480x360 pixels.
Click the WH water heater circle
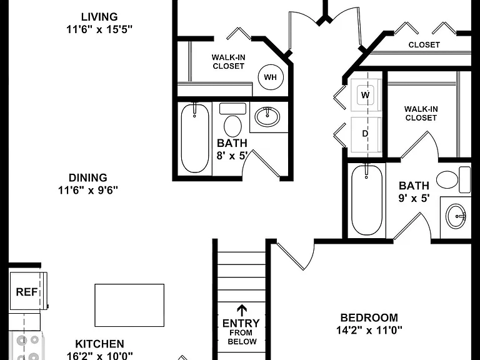271,77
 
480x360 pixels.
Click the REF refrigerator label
27,292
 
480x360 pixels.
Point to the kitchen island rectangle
129,305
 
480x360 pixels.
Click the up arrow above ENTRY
242,311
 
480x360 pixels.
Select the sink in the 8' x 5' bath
267,117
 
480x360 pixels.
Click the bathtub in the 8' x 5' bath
195,139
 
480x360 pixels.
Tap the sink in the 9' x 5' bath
456,216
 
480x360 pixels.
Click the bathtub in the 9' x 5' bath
366,200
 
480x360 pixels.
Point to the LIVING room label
99,16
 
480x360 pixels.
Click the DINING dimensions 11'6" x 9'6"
88,191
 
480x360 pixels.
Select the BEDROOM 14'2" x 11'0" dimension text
369,330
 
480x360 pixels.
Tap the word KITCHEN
100,344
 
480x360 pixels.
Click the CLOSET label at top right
424,45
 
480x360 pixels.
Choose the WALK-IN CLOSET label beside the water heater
228,61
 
